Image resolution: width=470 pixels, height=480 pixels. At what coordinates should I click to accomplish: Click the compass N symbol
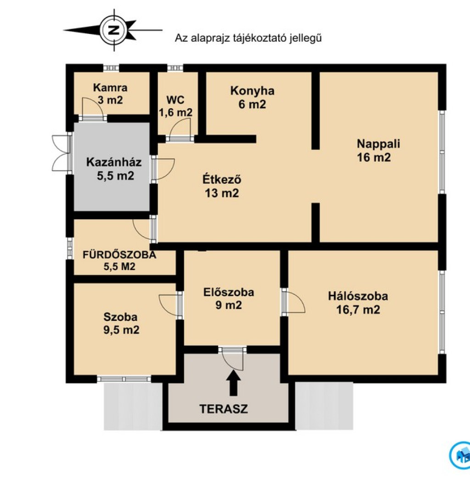tap(114, 30)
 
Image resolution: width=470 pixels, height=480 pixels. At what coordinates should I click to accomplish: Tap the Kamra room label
tap(110, 94)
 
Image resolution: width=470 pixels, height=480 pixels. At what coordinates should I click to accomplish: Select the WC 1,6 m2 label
tap(175, 106)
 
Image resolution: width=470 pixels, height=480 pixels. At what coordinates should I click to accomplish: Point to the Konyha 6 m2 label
tap(252, 97)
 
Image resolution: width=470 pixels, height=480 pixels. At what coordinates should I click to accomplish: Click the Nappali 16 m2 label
tap(378, 150)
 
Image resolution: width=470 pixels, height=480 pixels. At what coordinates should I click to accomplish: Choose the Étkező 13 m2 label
tap(222, 186)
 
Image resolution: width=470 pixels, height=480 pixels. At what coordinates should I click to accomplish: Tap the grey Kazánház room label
tap(114, 169)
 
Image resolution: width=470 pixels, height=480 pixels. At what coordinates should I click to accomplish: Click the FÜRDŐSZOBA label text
tap(119, 255)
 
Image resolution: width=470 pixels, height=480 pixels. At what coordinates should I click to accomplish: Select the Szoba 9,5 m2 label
tap(121, 323)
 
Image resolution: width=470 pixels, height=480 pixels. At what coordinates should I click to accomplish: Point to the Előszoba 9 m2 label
tap(229, 298)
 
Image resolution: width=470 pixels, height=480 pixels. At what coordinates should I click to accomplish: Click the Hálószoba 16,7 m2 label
tap(358, 303)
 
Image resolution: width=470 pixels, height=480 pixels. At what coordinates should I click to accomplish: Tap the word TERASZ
tap(224, 409)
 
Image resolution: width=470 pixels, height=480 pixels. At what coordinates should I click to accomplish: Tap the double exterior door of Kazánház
tap(61, 153)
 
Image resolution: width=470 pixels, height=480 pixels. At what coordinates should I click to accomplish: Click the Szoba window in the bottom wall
tap(124, 379)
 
